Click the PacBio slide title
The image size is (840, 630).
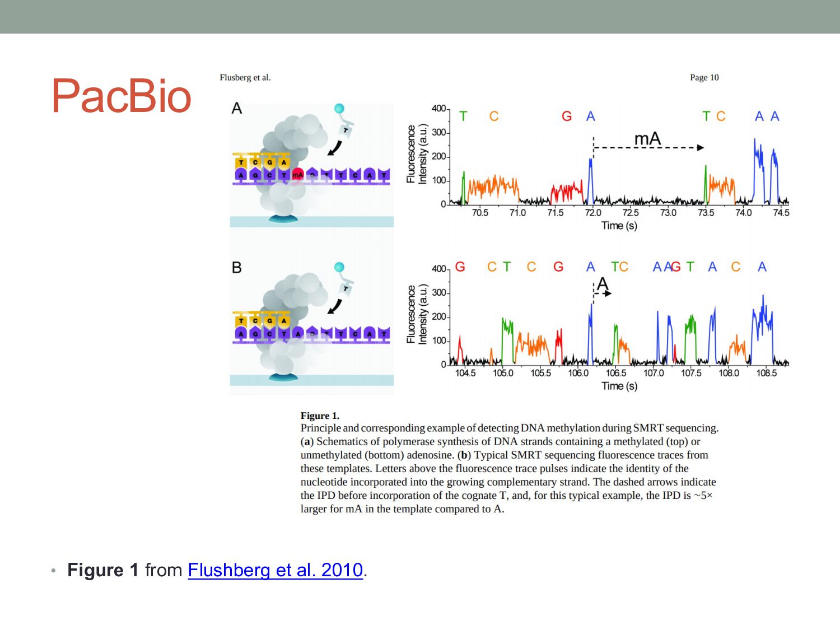[122, 96]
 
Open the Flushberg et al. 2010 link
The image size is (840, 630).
[275, 570]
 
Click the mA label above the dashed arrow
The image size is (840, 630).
[647, 139]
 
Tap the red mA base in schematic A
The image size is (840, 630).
[297, 175]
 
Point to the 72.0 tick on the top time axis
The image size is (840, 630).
[592, 213]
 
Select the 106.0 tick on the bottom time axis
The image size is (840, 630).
[578, 373]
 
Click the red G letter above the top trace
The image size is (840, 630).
[567, 116]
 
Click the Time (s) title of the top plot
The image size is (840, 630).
[619, 226]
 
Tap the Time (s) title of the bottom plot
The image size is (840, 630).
[619, 386]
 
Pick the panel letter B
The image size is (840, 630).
[237, 268]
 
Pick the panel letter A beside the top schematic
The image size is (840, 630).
[237, 108]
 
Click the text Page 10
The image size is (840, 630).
[704, 77]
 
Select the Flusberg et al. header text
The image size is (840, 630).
[245, 77]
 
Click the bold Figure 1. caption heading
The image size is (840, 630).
[320, 416]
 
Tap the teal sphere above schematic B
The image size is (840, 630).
[339, 268]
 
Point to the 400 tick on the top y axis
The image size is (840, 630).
[438, 109]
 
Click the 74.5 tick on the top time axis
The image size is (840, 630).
[781, 213]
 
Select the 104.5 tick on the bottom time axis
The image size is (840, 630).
[465, 373]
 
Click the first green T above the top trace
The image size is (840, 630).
[463, 116]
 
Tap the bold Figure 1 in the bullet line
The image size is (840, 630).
[102, 570]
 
